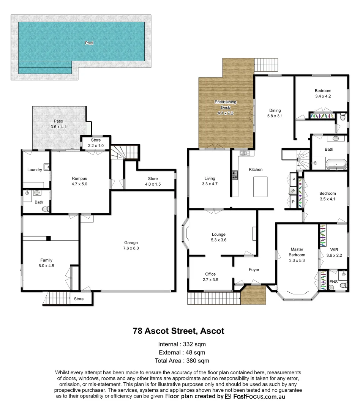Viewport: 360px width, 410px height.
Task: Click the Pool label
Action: [89, 43]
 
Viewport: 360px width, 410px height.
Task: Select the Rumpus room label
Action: [80, 181]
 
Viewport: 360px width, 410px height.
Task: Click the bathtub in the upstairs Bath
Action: [336, 165]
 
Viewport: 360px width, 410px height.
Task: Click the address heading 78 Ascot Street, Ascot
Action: [178, 331]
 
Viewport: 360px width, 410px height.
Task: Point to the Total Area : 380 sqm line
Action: [182, 361]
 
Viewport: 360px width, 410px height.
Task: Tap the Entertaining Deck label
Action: [225, 107]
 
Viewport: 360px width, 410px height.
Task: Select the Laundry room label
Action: [35, 170]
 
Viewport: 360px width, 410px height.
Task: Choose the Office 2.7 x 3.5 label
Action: [210, 277]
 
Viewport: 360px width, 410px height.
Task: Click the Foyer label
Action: [254, 270]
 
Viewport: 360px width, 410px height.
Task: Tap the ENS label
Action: [333, 282]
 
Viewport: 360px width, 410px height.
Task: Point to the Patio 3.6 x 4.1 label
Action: [58, 124]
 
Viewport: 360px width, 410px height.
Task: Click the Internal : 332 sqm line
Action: [182, 344]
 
